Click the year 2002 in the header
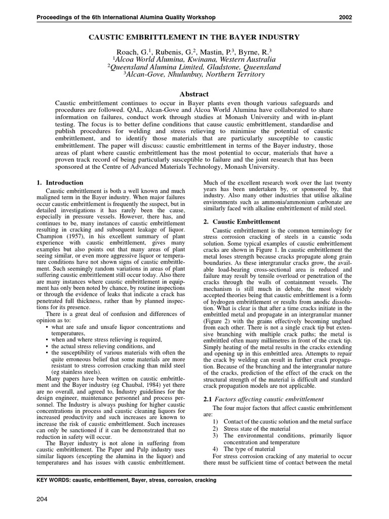(x=345, y=18)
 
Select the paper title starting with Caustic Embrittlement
(x=194, y=37)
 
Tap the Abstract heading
(x=194, y=94)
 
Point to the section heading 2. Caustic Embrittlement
(x=242, y=221)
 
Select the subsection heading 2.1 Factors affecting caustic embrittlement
(x=263, y=399)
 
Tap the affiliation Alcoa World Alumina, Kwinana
(x=194, y=59)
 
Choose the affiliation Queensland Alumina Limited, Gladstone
(x=194, y=66)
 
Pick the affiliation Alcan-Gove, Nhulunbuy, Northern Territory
(x=194, y=74)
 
